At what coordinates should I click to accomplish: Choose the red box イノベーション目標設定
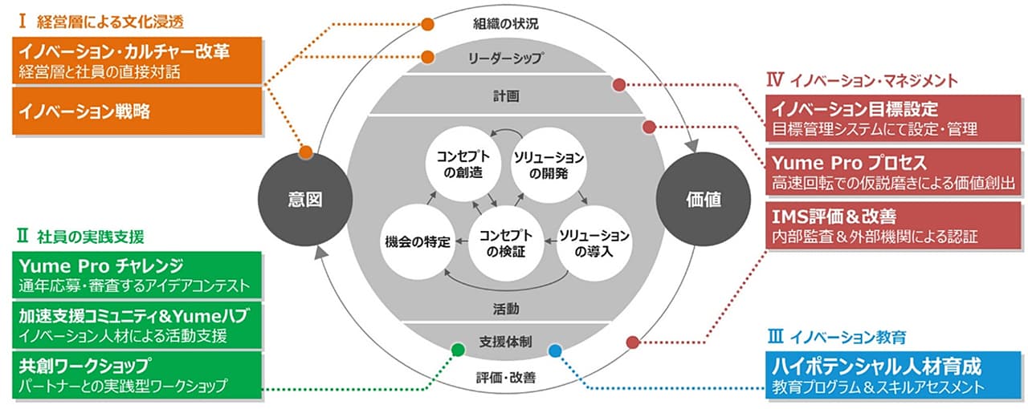(893, 118)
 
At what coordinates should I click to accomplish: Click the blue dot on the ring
(554, 350)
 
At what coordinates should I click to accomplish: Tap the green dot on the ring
(458, 349)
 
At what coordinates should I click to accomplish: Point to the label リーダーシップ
(505, 58)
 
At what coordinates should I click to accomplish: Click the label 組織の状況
(505, 24)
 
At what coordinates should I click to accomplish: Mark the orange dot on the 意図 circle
(305, 152)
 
